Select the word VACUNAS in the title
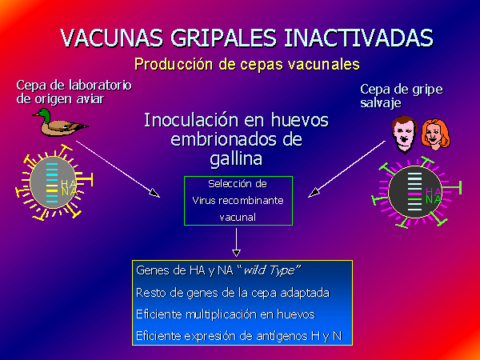point(111,38)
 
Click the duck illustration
point(60,122)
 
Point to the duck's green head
point(44,114)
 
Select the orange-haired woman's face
point(434,134)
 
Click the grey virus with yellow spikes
point(54,182)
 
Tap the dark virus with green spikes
point(415,192)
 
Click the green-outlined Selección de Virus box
point(238,176)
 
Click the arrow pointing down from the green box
point(236,242)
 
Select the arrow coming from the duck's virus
point(118,170)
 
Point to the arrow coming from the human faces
point(346,169)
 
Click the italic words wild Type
point(271,270)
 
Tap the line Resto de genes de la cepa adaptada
point(233,293)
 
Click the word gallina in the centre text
point(236,159)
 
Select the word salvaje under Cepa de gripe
point(381,103)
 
